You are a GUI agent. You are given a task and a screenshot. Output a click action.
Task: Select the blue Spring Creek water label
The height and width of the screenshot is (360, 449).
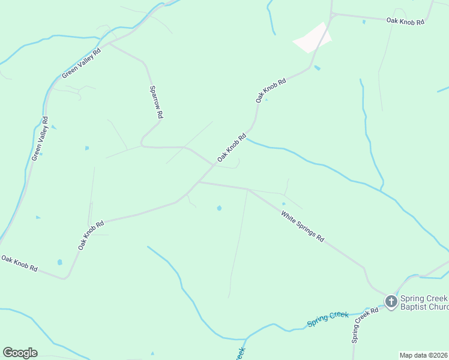tap(328, 319)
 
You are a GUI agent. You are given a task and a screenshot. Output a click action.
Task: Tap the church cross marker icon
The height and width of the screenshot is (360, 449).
tap(391, 301)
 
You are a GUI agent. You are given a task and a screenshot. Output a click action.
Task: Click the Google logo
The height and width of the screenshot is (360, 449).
tap(20, 353)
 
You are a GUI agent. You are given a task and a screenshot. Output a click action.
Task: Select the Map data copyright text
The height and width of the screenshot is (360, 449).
tap(424, 355)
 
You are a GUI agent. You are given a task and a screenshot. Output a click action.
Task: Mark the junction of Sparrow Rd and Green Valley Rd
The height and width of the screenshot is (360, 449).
tap(109, 43)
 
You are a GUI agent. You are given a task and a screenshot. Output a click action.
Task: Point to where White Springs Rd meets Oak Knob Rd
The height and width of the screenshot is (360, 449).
tap(197, 182)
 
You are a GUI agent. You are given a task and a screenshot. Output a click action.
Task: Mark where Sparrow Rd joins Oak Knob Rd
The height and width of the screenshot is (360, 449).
tap(212, 163)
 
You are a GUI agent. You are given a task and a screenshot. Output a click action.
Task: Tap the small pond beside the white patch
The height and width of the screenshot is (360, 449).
tap(317, 68)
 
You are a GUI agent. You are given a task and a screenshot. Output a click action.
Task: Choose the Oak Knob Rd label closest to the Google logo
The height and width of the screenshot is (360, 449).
tap(20, 263)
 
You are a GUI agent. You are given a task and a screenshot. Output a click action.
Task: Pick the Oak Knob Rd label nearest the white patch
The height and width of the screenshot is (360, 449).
tap(271, 89)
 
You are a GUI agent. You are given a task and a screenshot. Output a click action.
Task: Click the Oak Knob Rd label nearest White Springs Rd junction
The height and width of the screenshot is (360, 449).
tap(232, 147)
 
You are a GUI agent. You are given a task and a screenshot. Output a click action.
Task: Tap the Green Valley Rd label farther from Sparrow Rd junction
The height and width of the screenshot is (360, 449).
tap(40, 139)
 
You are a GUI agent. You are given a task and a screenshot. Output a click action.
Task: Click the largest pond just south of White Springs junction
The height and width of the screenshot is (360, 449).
tap(219, 208)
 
